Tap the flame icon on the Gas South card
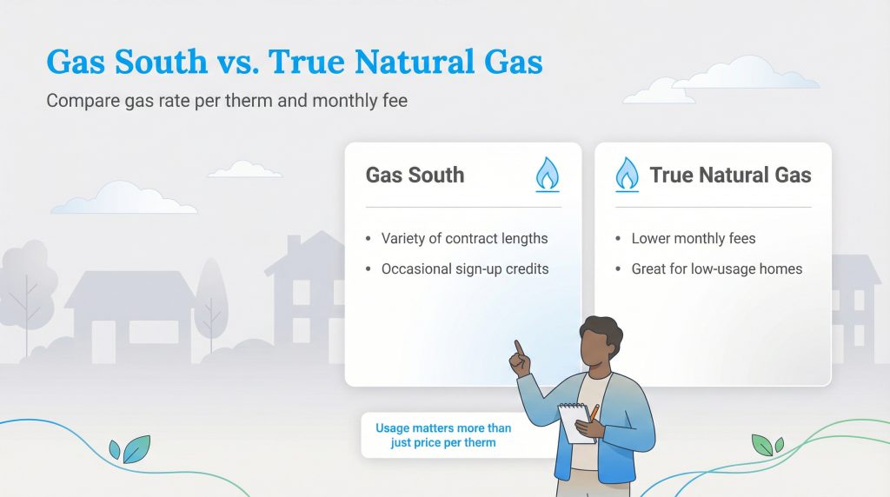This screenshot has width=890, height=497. tap(547, 174)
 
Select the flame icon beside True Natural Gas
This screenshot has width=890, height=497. tap(627, 174)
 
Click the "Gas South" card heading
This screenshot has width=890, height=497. tap(415, 175)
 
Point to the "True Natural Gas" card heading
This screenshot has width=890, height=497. tap(730, 175)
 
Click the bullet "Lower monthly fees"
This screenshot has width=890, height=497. tap(693, 238)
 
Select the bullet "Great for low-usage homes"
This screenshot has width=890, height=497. tap(716, 268)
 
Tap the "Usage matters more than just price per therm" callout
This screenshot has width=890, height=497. tap(443, 435)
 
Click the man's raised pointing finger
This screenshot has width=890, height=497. tap(519, 348)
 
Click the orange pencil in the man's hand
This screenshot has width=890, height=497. tap(594, 413)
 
